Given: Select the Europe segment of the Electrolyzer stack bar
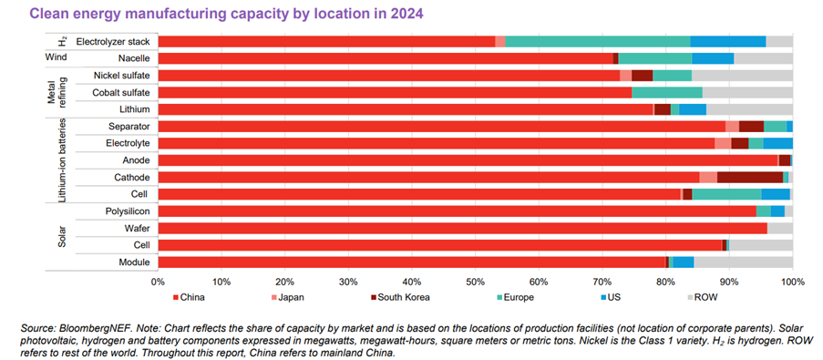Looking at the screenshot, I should pos(597,41).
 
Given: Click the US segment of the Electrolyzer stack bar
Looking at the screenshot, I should pos(727,41).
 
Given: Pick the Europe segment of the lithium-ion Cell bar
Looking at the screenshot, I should pos(726,194).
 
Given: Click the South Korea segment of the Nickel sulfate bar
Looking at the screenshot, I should pos(642,75).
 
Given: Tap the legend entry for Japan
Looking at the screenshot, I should pos(292,296).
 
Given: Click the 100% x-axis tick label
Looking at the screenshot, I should pos(791,280).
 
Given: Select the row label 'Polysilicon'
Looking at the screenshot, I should pos(127,211).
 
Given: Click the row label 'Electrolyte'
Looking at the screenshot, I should pos(129,143).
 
